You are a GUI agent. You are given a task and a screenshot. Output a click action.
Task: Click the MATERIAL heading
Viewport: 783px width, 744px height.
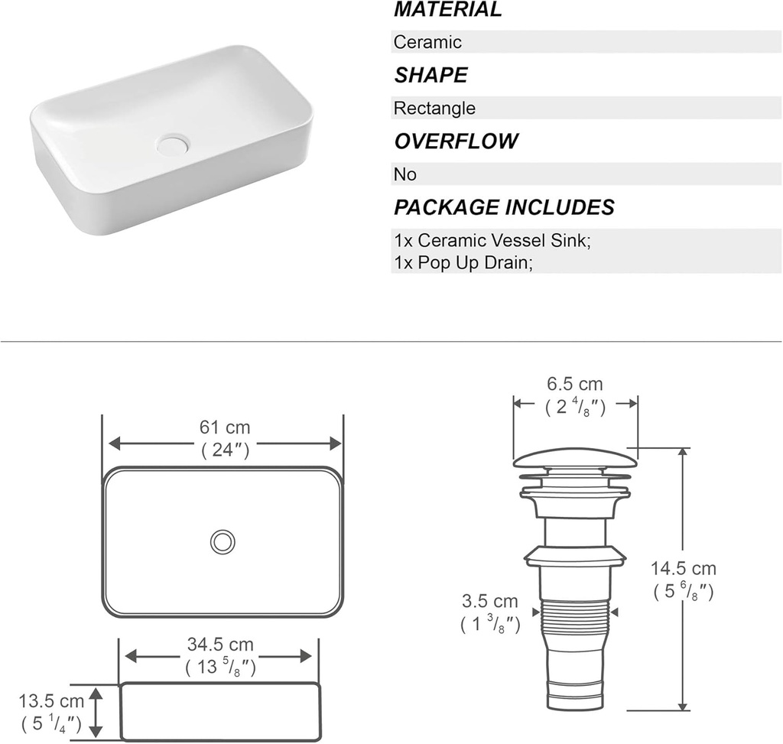[x=447, y=10]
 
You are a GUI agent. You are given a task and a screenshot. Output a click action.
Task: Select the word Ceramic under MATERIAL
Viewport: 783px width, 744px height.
[x=427, y=42]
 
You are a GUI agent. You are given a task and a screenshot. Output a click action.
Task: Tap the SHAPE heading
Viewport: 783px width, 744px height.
[x=430, y=75]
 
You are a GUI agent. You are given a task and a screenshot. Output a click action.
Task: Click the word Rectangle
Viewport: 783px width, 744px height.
[x=434, y=109]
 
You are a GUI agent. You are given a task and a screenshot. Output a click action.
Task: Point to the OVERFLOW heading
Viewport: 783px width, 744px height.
[x=456, y=141]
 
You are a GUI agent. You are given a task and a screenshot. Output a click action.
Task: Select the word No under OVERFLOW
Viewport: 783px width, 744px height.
[x=404, y=174]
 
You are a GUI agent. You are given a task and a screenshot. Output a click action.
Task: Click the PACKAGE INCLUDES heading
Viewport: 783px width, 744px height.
[x=503, y=207]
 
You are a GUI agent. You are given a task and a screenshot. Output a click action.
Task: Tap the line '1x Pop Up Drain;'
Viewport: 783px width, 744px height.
[x=463, y=262]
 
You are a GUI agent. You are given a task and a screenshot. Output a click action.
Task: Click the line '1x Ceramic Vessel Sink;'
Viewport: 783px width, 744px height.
[x=492, y=241]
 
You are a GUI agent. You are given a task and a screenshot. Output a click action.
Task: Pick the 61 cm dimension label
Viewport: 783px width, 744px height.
[x=225, y=427]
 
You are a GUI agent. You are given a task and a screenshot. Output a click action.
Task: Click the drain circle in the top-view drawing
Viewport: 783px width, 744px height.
[x=223, y=541]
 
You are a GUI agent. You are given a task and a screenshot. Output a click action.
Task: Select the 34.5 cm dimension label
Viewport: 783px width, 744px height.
[x=220, y=646]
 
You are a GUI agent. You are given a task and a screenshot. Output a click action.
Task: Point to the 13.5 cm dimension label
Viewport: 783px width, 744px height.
[x=51, y=701]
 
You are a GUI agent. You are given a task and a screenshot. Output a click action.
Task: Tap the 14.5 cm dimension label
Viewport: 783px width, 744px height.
[x=684, y=569]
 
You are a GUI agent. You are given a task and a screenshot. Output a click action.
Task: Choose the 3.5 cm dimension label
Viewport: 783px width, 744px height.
[x=490, y=602]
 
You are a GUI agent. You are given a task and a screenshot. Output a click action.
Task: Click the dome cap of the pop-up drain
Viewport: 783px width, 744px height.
[x=574, y=458]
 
